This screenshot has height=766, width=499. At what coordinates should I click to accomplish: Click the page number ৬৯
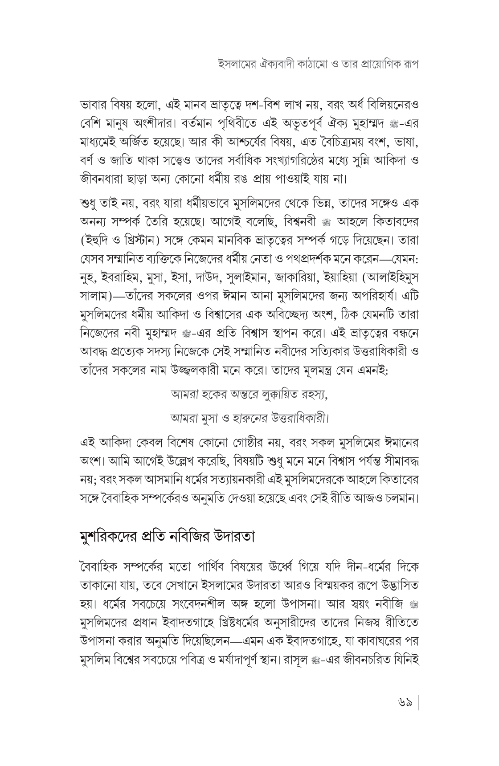pyautogui.click(x=405, y=705)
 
